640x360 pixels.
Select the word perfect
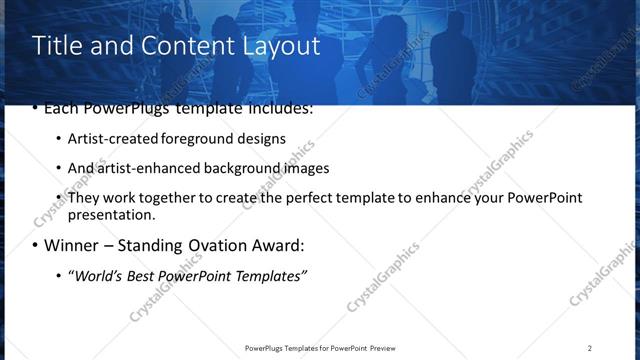click(283, 198)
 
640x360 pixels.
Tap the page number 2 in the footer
click(590, 348)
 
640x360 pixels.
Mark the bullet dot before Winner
click(35, 246)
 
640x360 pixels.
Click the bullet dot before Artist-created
click(59, 140)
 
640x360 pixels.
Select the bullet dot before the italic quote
click(59, 276)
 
